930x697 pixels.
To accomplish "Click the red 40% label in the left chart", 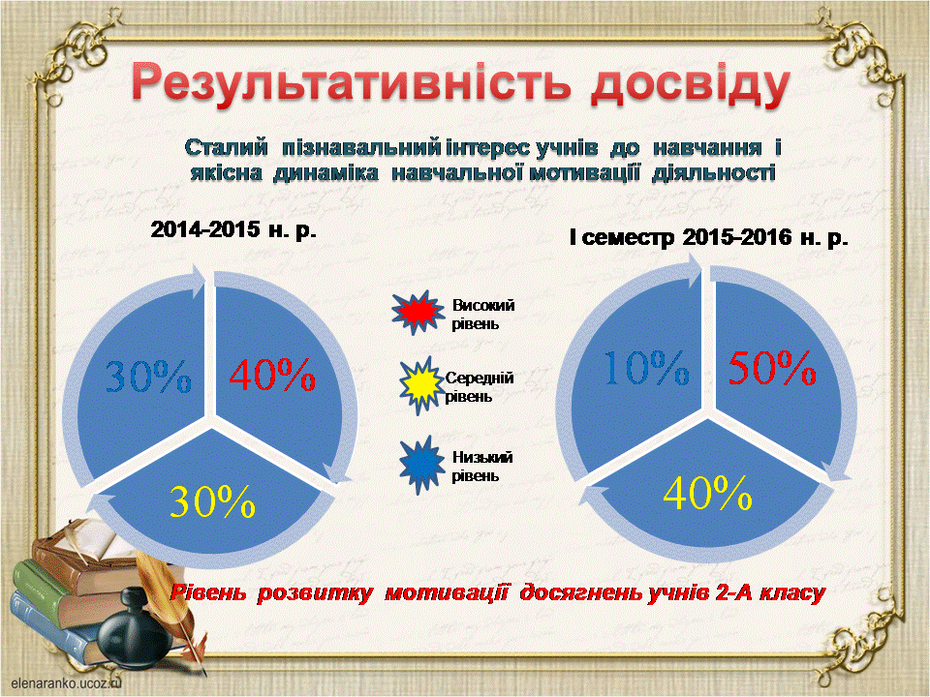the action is [272, 375].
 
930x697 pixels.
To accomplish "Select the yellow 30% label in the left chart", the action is [212, 501].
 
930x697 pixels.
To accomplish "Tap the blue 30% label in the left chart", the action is [148, 376].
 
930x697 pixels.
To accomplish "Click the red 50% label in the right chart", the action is [772, 368].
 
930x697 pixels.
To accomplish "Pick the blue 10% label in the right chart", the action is [646, 368].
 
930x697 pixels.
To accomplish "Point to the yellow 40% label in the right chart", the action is [707, 493].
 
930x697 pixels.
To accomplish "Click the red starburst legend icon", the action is [417, 313].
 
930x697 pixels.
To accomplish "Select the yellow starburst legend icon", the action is [421, 385].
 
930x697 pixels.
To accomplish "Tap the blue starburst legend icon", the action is [421, 466].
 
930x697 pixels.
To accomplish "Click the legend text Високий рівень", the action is [482, 315].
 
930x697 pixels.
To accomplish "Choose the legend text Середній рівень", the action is [480, 387].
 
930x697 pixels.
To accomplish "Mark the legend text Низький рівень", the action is [481, 467].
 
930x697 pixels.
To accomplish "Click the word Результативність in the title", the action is [352, 85].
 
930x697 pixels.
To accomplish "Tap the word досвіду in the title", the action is [691, 87].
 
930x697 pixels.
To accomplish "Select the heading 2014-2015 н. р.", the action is [233, 229].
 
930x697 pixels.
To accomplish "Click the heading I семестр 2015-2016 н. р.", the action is [708, 238].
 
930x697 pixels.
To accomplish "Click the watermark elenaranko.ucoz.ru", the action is [66, 682].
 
